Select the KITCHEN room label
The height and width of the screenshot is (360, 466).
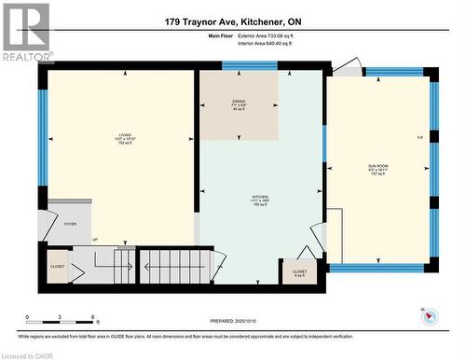[x=260, y=199]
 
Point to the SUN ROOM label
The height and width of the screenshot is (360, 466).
[x=377, y=170]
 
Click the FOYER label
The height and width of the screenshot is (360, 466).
[x=71, y=225]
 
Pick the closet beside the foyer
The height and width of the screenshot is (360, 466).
[x=58, y=266]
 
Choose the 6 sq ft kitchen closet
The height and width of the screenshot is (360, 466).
[x=299, y=271]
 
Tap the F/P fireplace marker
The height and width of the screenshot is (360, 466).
[x=420, y=138]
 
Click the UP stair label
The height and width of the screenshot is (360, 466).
[x=94, y=240]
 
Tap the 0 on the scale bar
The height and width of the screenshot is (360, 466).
[x=27, y=318]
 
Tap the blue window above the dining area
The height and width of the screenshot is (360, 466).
[x=250, y=65]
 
